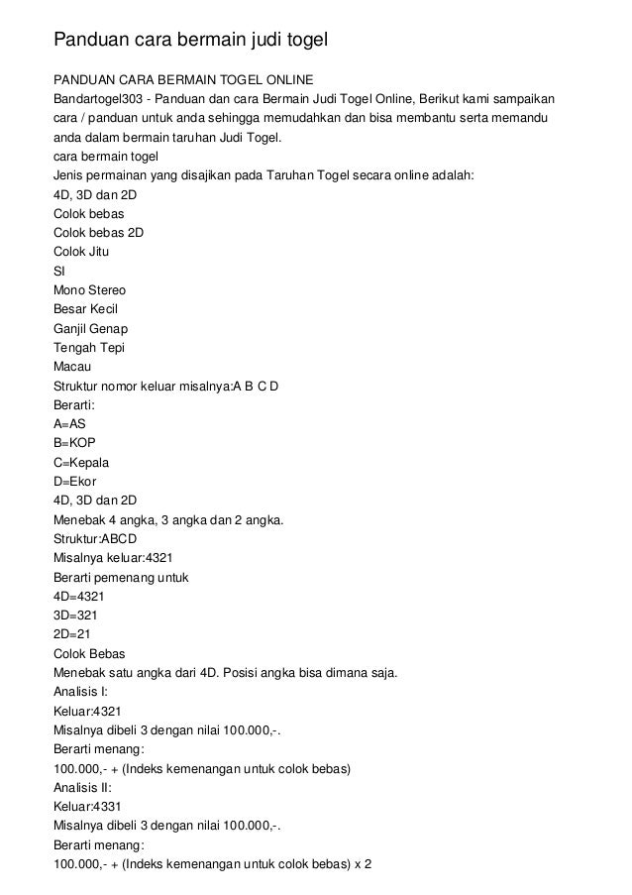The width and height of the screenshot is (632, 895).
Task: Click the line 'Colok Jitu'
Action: (x=81, y=252)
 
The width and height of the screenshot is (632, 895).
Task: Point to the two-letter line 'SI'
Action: (x=59, y=271)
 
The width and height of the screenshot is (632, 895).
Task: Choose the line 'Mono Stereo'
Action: (x=89, y=290)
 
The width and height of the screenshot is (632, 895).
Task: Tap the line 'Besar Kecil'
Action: (x=85, y=309)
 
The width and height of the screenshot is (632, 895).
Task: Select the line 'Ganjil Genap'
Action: (x=90, y=328)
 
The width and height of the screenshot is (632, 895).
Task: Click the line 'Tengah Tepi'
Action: (x=87, y=348)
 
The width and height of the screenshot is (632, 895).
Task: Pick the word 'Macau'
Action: (x=72, y=367)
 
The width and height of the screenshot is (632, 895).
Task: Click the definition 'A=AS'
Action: (x=69, y=424)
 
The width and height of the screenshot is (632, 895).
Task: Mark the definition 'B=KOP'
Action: (x=74, y=443)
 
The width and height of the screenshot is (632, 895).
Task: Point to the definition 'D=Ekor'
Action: (x=75, y=482)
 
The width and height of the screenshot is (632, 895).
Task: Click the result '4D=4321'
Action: (x=79, y=597)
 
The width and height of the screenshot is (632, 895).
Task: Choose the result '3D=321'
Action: (x=75, y=615)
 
